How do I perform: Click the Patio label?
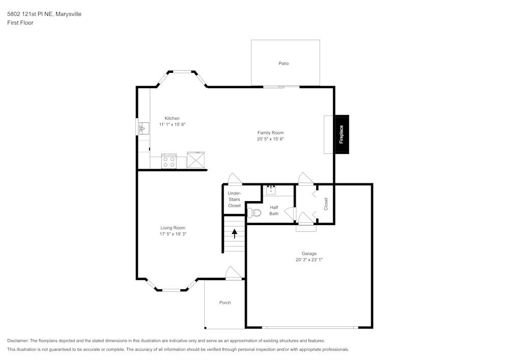tap(284, 64)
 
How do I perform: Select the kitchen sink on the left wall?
tap(144, 128)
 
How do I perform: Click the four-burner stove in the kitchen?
tap(168, 162)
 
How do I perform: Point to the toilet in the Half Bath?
tap(254, 212)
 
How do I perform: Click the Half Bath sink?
tap(271, 190)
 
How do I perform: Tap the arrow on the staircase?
tap(235, 234)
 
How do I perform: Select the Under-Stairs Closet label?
tap(234, 199)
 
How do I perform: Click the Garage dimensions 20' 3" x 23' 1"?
tap(309, 260)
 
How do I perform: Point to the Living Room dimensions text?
tap(173, 234)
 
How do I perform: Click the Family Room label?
tap(270, 132)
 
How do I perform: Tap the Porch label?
tap(225, 302)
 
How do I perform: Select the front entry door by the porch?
tap(233, 273)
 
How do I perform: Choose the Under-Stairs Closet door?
tap(235, 179)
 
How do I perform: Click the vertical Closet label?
tap(326, 204)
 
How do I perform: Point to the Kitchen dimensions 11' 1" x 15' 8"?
tap(168, 124)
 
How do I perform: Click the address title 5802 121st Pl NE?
tap(44, 14)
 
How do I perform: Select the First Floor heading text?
tap(20, 23)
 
